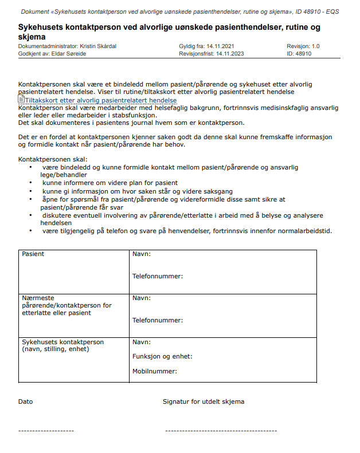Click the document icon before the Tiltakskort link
point(21,100)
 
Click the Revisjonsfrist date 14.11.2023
point(233,54)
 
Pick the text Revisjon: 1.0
point(303,46)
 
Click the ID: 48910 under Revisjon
point(299,54)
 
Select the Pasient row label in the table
point(33,254)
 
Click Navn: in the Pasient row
point(142,254)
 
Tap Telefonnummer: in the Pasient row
point(158,276)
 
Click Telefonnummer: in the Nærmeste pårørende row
point(158,320)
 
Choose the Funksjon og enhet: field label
point(162,356)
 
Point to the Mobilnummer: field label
point(155,371)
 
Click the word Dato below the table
point(26,401)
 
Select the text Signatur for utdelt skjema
point(204,401)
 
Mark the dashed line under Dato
point(46,430)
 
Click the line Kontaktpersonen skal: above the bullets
point(53,159)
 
